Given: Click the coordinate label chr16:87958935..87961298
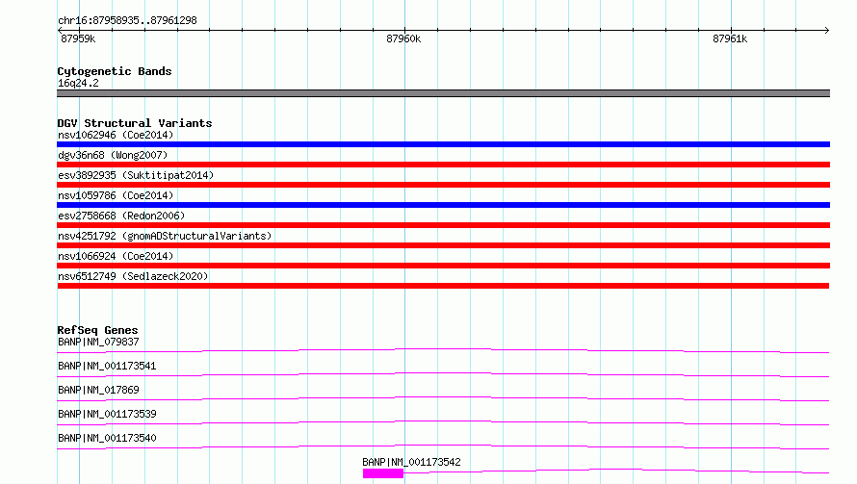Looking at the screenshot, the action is pos(127,21).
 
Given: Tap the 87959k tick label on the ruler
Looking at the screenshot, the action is pos(78,38).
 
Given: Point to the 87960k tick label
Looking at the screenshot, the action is pos(403,38).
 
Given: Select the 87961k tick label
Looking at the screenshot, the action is pos(730,38).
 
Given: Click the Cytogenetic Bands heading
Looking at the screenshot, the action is pos(115,71).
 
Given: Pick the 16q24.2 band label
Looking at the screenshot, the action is pos(78,83).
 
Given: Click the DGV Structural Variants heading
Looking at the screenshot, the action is pos(135,123).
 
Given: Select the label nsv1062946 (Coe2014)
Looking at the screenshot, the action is pos(116,135).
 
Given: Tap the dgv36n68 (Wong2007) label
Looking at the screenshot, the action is pos(113,155).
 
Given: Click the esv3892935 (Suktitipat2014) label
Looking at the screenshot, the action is pos(136,175).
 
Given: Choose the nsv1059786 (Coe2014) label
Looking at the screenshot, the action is pos(116,195).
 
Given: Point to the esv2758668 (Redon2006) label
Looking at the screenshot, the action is pos(121,216).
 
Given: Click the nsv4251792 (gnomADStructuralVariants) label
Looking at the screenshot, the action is pos(165,236).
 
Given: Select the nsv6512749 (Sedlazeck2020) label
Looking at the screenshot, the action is pos(133,276).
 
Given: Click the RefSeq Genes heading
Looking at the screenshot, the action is pos(97,330).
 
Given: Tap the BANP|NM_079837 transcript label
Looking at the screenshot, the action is pos(98,342).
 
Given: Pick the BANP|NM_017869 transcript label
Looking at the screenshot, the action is pos(98,390).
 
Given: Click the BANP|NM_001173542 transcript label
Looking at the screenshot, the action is pos(411,462).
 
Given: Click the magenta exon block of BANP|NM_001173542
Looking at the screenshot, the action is pos(383,473).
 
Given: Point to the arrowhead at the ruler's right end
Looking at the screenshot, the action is pos(827,31).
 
